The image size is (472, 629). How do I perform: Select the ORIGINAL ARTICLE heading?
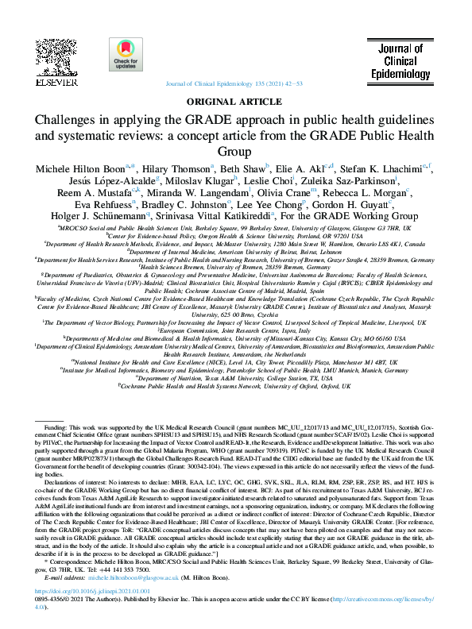click(236, 102)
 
